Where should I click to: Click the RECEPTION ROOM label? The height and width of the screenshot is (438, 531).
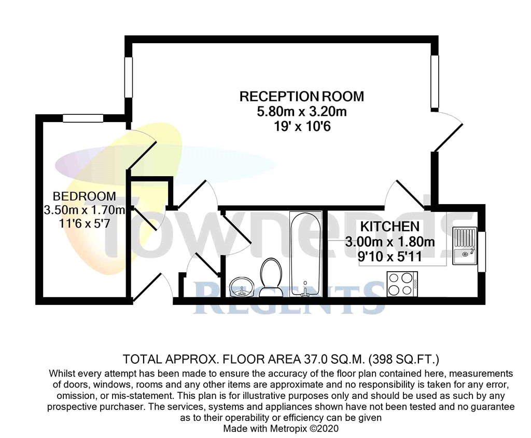point(301,97)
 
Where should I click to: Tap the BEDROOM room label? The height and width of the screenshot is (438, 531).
point(85,196)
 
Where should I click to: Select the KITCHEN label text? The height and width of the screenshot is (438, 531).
point(389,227)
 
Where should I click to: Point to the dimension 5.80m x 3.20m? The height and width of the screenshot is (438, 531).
point(301,111)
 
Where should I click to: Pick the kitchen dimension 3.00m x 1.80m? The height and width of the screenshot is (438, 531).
point(390,242)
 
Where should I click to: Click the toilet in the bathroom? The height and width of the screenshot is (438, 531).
point(271,277)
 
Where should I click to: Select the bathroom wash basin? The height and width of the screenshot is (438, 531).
point(241,286)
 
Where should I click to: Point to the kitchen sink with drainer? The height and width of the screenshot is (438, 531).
point(464,246)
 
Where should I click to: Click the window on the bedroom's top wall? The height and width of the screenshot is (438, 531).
point(83,118)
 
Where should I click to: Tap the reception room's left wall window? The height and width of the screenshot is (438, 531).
point(128,76)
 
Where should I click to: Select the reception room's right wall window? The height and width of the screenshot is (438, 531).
point(435,82)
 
